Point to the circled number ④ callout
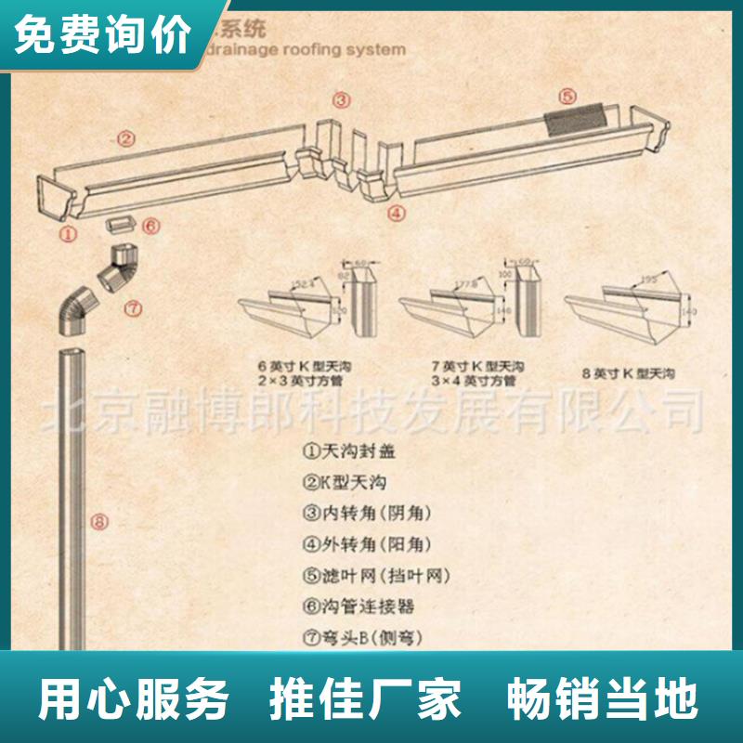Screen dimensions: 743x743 point(397,213)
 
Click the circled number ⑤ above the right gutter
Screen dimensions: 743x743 point(567,95)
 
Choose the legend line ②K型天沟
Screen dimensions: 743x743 point(344,482)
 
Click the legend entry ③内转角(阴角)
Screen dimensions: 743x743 point(367,513)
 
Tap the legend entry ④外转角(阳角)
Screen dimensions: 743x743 point(367,544)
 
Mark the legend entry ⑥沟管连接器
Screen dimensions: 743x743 point(358,606)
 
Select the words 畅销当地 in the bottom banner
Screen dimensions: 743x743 point(602,698)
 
